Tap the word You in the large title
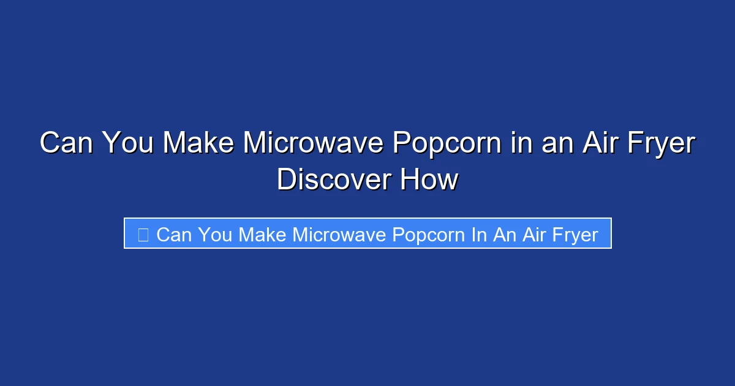(127, 144)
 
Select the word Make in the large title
(197, 144)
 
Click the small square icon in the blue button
(143, 234)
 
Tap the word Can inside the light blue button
(175, 234)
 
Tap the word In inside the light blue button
(478, 234)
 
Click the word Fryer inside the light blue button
(575, 235)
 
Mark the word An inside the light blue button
(505, 234)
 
